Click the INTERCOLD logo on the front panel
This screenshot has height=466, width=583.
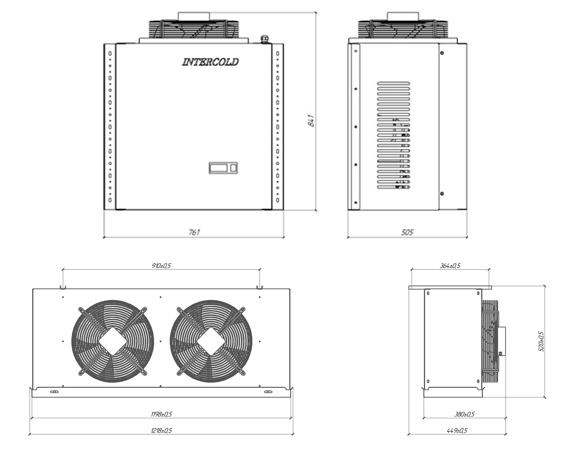pos(210,62)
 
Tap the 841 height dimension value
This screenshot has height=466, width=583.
pos(311,121)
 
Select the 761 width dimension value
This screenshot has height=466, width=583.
pos(194,232)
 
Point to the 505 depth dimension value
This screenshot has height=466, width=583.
pos(407,232)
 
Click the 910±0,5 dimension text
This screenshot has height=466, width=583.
pos(161,266)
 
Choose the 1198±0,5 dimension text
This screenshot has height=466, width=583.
pos(161,414)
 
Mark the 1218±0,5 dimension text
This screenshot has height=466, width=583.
pos(161,430)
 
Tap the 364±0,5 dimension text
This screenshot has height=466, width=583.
pos(450,266)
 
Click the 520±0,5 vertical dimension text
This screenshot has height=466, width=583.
pos(541,341)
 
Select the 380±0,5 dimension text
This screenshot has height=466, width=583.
pos(465,414)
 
